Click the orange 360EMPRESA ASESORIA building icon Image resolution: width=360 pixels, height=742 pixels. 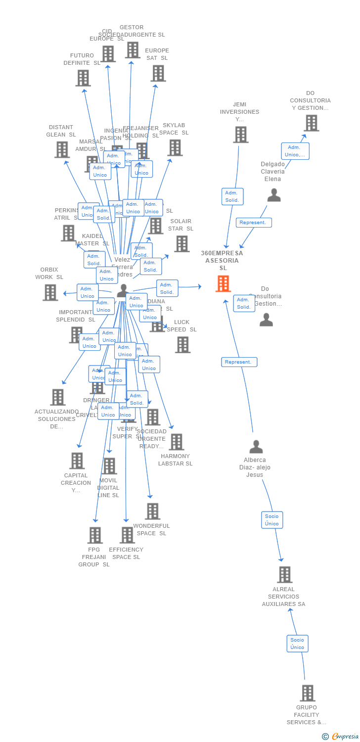(223, 284)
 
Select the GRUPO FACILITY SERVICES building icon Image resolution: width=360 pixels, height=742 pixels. (307, 693)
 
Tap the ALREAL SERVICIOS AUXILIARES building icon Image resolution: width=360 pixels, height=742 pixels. (284, 575)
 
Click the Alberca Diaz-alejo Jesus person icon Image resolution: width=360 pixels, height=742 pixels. (256, 447)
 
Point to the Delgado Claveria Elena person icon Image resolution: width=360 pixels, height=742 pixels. (274, 195)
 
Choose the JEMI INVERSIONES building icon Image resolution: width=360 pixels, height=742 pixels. (240, 135)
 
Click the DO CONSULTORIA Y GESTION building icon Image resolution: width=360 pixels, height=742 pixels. (311, 123)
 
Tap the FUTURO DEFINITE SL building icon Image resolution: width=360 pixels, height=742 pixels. (83, 78)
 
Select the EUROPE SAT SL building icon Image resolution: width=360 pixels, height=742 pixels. (158, 73)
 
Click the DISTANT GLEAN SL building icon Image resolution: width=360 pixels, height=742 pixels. (62, 149)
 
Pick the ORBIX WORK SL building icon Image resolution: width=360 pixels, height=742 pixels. (50, 292)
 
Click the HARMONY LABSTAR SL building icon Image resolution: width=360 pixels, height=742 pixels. (176, 442)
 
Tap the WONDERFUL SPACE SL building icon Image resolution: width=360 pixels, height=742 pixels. (152, 511)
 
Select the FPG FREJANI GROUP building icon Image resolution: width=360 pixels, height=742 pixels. (95, 535)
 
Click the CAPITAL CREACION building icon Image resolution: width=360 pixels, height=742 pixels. (77, 461)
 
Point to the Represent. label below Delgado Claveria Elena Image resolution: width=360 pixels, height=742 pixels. (253, 223)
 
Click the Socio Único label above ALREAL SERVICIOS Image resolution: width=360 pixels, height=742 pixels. (272, 520)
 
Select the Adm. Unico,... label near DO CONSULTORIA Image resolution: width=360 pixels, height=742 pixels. (295, 151)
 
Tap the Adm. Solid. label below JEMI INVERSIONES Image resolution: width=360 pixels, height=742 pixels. (231, 196)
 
